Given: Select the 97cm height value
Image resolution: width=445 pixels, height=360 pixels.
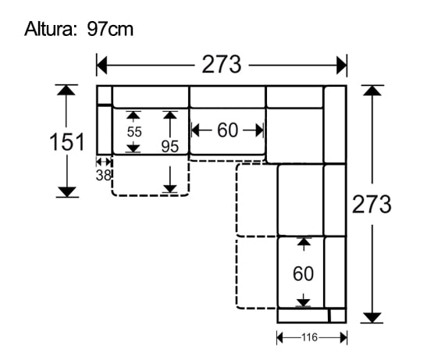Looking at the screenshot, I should (110, 30).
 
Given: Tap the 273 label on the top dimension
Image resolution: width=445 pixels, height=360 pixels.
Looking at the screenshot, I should (222, 64).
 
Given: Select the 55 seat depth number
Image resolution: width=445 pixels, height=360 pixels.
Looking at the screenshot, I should (134, 131).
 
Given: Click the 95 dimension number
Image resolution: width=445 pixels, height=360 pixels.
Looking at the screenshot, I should (170, 146).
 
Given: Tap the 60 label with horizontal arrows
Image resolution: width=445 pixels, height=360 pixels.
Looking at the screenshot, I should (227, 130).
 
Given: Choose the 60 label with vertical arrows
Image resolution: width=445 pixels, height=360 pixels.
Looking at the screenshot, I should (303, 274).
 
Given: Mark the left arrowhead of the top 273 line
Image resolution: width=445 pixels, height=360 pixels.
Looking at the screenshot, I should (101, 64).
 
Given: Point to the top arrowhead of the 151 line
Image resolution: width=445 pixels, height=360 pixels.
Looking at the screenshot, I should (67, 89).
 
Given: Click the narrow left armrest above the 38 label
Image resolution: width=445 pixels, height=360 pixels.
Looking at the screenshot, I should (104, 130).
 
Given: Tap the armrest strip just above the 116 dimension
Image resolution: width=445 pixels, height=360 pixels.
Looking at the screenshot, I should (304, 315).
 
